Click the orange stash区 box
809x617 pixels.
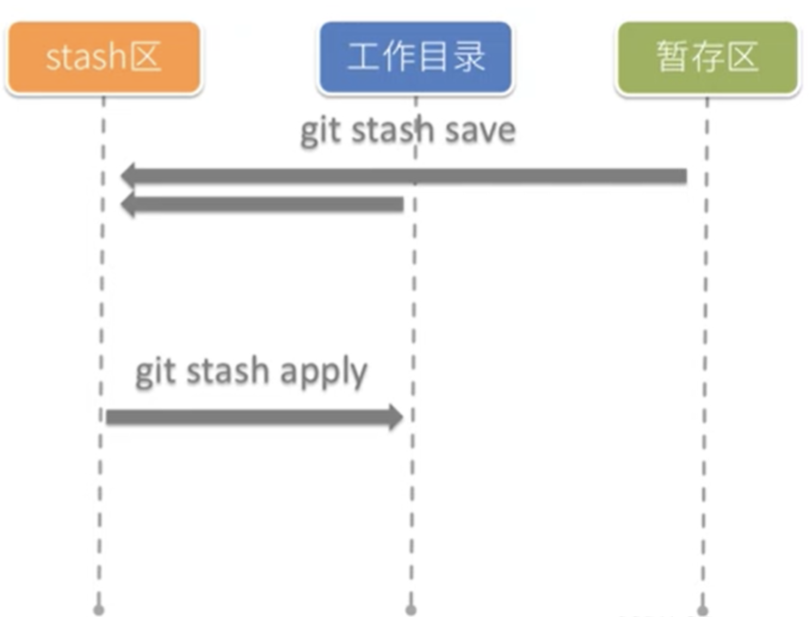pos(104,57)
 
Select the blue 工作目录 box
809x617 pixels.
pos(415,57)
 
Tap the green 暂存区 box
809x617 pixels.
pos(708,57)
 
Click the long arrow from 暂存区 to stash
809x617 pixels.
pos(406,175)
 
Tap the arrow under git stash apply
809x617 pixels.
pos(251,417)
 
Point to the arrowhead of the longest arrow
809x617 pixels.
pos(129,175)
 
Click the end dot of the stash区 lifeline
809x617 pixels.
pos(99,610)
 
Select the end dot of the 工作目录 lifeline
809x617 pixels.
pos(411,610)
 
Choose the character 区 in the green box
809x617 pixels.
pos(743,57)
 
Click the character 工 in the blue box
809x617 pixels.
pos(364,57)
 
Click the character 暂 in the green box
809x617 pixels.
pos(672,57)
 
